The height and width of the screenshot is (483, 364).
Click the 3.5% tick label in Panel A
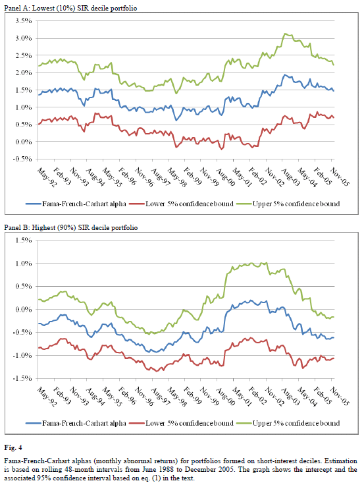coord(24,21)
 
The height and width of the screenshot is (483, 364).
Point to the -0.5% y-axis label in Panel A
coord(22,159)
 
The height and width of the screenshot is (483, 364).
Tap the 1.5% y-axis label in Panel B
coord(24,241)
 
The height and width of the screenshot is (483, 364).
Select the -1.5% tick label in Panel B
coord(22,378)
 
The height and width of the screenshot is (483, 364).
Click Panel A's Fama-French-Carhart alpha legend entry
coord(76,204)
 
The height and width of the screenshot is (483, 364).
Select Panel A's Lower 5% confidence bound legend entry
coord(182,204)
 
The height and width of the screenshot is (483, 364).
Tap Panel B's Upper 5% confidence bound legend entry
coord(288,423)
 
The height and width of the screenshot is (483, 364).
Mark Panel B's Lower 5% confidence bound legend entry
coord(182,423)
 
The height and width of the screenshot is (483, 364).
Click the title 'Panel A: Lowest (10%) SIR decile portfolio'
coord(70,8)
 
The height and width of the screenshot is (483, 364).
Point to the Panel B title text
coord(71,227)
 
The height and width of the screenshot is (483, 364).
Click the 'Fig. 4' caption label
coord(13,447)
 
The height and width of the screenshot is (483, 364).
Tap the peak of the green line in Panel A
coord(285,34)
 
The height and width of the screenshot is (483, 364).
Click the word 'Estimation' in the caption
coord(340,461)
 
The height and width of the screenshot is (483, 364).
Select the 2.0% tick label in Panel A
coord(24,72)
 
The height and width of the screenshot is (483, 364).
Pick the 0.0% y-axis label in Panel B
coord(24,309)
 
